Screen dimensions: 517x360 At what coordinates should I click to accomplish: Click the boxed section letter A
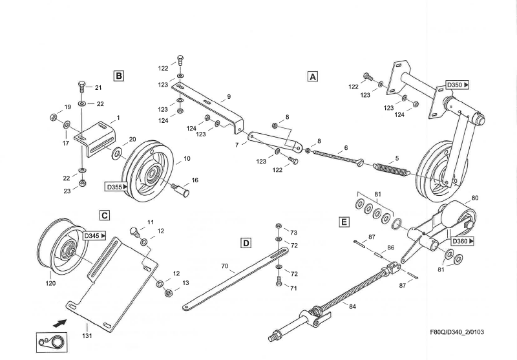click(x=313, y=76)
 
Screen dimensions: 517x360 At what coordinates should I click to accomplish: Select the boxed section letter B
click(x=119, y=76)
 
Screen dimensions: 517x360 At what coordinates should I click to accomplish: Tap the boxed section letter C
click(x=105, y=216)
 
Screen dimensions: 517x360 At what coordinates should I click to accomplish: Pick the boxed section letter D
click(x=246, y=243)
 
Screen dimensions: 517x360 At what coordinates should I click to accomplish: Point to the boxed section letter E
click(x=344, y=222)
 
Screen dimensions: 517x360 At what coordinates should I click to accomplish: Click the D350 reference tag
click(x=458, y=85)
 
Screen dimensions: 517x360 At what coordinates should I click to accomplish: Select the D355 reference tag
click(x=117, y=187)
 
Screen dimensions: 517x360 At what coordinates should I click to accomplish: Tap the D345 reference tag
click(x=94, y=236)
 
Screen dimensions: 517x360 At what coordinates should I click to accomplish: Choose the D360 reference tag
click(x=463, y=241)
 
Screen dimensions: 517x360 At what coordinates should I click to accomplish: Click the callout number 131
click(x=87, y=335)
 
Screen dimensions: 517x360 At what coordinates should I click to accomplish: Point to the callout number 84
click(x=352, y=306)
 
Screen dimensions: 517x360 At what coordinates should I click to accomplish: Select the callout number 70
click(x=224, y=266)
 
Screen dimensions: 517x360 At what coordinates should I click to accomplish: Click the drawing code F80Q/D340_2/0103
click(x=457, y=332)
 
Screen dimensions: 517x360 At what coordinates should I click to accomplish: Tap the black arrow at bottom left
click(x=60, y=323)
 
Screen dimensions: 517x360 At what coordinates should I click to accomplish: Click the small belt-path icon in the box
click(x=52, y=342)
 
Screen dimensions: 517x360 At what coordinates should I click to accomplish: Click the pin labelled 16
click(x=181, y=190)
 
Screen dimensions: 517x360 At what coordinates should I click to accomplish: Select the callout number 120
click(x=50, y=283)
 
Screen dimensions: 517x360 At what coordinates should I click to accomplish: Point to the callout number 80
click(x=475, y=198)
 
